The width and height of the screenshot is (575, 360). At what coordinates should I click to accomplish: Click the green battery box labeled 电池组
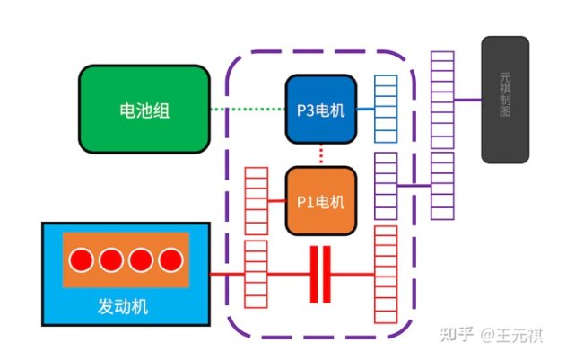pos(144,110)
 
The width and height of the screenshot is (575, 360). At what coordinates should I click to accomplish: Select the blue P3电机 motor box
pos(320,110)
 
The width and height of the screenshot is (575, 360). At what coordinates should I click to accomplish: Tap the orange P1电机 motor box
pos(320,202)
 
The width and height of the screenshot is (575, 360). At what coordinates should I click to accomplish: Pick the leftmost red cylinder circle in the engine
pos(82,261)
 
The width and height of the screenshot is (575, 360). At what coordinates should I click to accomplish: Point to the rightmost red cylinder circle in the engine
pos(170,261)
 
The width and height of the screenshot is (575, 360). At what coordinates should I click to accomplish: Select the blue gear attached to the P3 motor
pos(385,110)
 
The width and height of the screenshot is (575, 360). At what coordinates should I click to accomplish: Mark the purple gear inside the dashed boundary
pos(386,186)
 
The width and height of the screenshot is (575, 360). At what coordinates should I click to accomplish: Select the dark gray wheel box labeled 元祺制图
pos(505,100)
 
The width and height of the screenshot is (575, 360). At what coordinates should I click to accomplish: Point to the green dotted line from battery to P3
pos(248,110)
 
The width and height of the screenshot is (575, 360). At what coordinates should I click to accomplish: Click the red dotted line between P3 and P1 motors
pos(320,154)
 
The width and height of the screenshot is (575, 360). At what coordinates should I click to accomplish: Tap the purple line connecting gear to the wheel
pos(467,101)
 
